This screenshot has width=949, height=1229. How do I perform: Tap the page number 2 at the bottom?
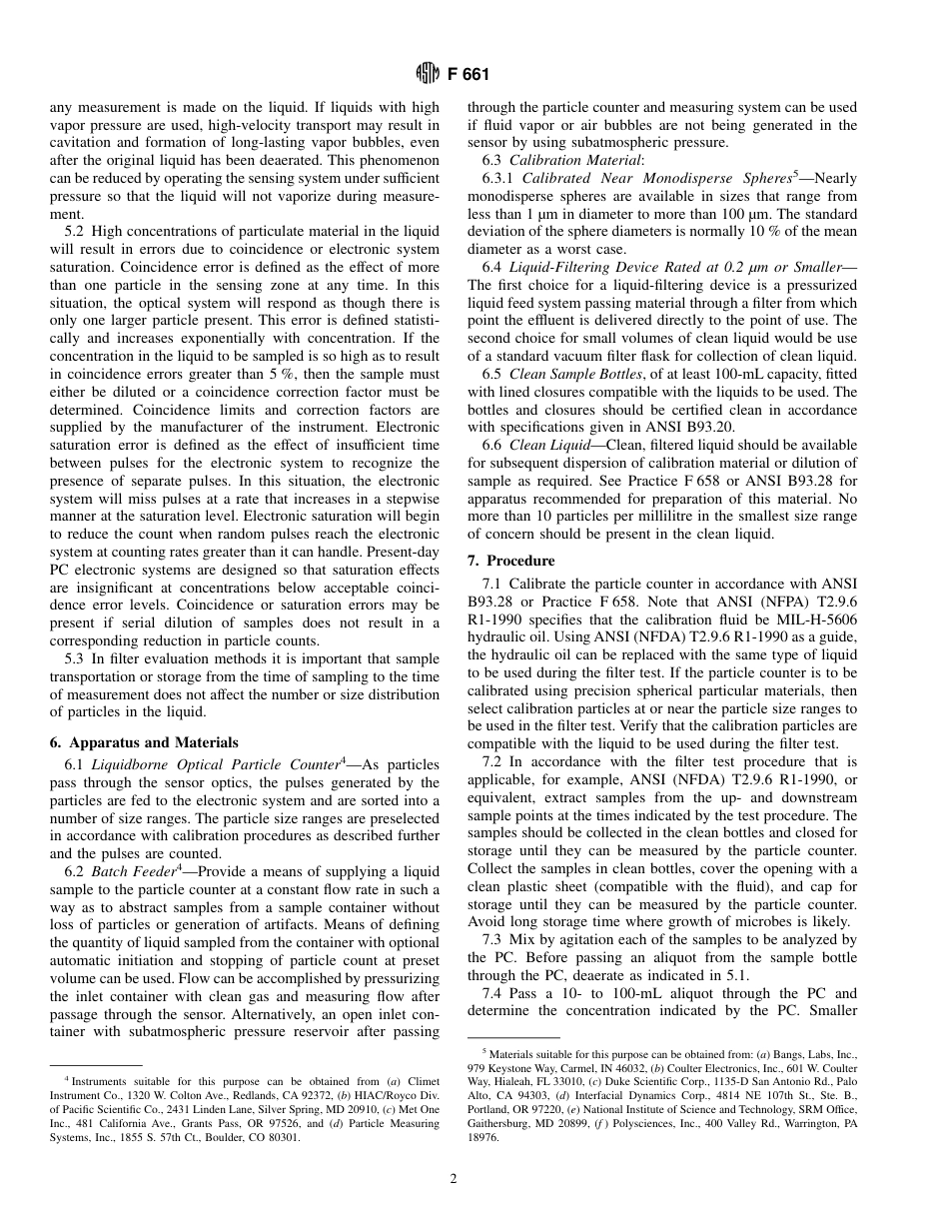454,1179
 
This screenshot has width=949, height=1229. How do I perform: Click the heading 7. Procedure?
511,561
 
